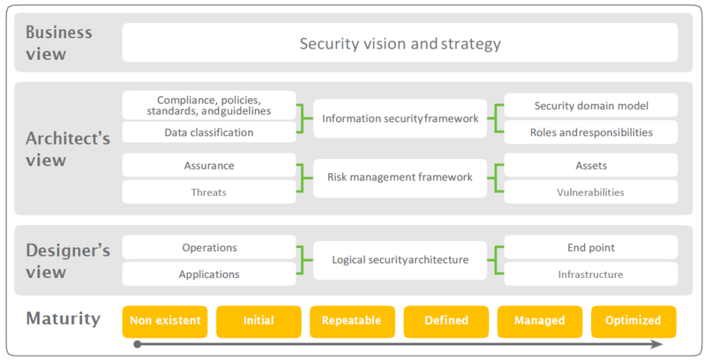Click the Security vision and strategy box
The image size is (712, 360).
400,43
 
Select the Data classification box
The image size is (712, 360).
209,132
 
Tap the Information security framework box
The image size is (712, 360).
400,118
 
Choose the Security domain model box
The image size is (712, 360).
590,106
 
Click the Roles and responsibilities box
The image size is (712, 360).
590,132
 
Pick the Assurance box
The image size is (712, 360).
209,165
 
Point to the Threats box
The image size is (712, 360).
209,193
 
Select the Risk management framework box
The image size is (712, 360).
400,177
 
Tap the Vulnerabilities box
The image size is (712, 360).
590,193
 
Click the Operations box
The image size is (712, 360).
209,247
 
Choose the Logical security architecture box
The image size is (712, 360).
400,260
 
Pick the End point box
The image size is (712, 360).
590,247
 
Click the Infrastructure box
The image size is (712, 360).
590,275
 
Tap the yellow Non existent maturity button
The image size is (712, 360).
165,321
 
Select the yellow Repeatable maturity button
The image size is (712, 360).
352,321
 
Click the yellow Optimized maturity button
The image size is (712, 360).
633,321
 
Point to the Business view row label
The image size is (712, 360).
59,43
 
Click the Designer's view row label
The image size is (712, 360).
67,261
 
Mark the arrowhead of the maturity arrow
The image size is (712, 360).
657,344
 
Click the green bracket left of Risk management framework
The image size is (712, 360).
300,178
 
